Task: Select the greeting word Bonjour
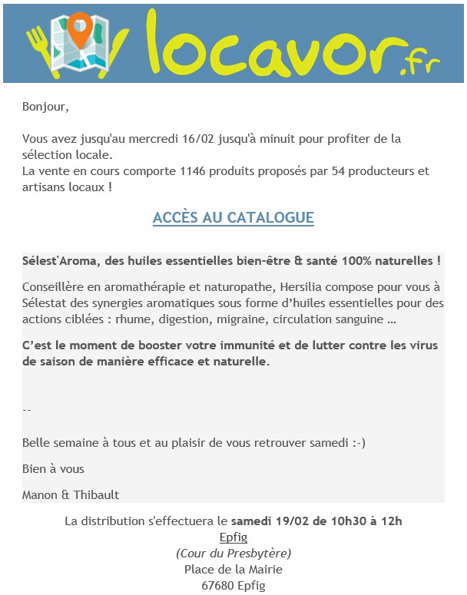[45, 106]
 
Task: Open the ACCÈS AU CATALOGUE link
[233, 218]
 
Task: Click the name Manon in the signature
[39, 494]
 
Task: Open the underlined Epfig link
[233, 537]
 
